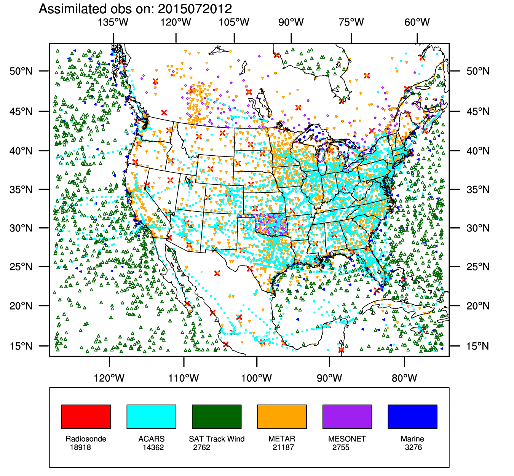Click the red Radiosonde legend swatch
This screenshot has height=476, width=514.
(86, 417)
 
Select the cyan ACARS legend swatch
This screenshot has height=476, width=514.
(151, 417)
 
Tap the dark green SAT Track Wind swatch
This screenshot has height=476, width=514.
(217, 417)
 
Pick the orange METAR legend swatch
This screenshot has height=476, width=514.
(282, 417)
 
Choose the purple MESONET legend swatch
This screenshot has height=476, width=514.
(347, 417)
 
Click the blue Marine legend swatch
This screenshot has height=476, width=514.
(412, 417)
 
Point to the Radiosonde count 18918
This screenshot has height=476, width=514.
(80, 447)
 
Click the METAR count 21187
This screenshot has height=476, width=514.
(283, 447)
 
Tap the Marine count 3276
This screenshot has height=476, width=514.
(413, 447)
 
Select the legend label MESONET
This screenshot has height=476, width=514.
(347, 439)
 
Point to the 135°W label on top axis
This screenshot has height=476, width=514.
(113, 22)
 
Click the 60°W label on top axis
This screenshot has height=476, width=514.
(417, 22)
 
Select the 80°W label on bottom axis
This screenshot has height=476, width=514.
(404, 378)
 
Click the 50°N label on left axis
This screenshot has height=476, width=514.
(21, 71)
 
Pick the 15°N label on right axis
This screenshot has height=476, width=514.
(478, 346)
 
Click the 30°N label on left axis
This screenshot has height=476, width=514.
(21, 228)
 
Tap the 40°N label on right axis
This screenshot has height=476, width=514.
(478, 151)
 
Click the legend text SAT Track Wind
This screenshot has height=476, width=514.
(217, 439)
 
